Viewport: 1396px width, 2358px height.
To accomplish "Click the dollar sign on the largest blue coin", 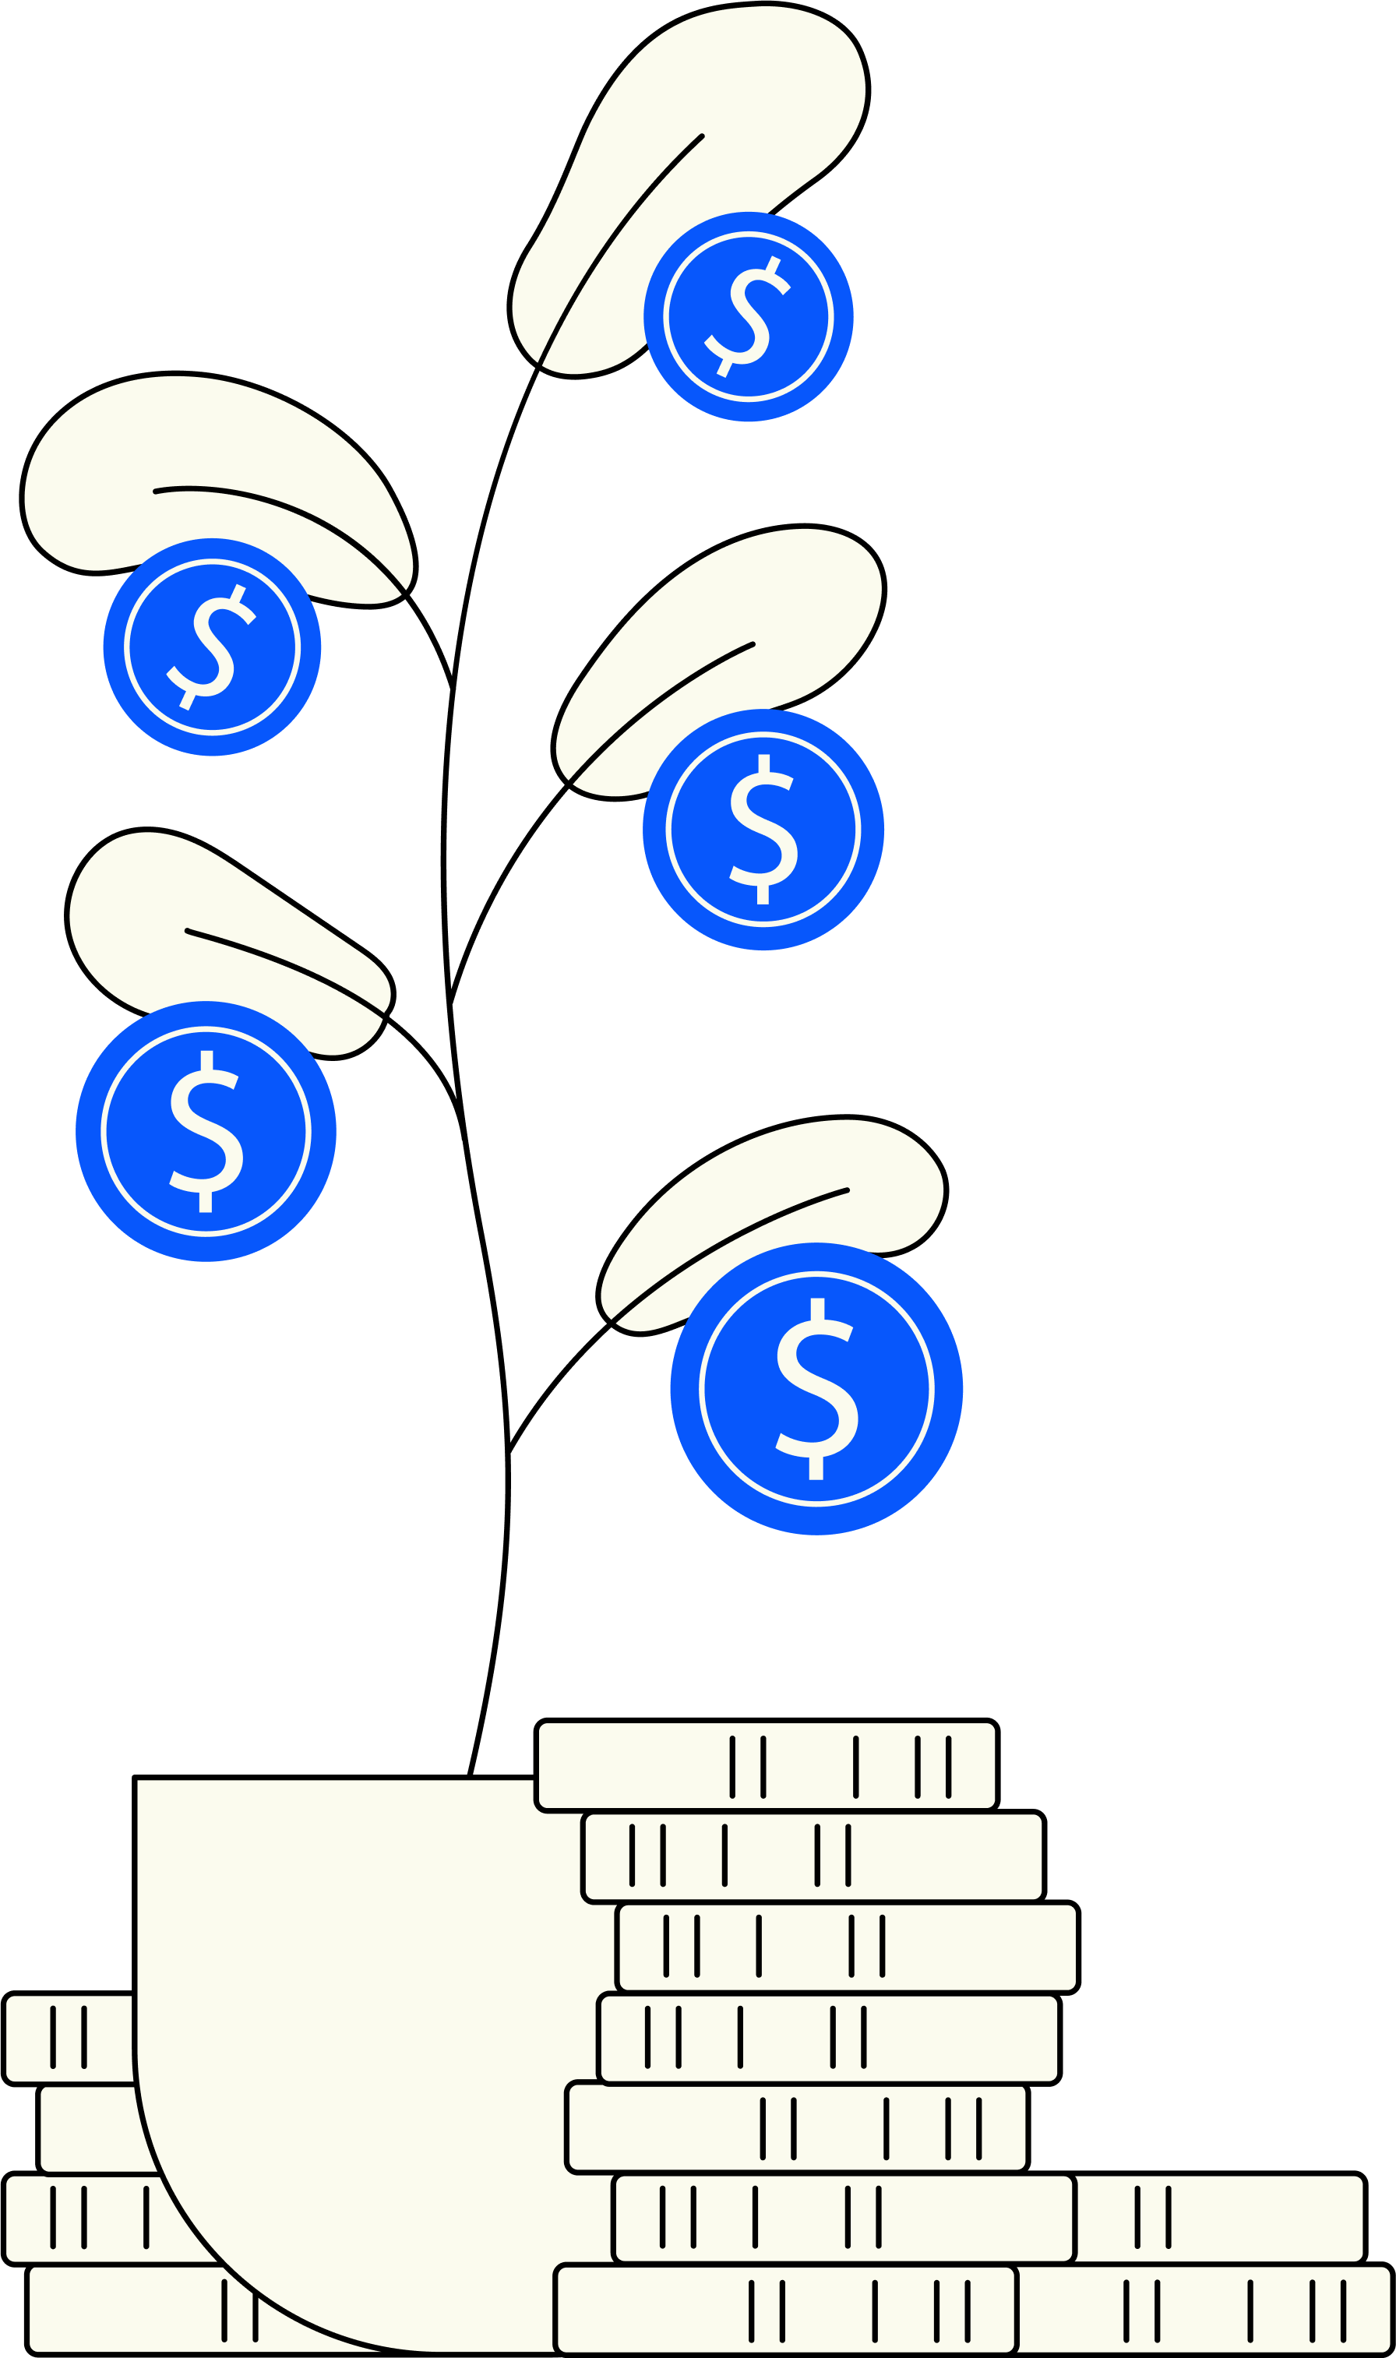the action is click(x=816, y=1388).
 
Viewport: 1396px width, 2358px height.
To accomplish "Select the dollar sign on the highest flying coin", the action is click(x=748, y=317).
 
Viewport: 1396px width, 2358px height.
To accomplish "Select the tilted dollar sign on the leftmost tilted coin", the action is click(x=213, y=647).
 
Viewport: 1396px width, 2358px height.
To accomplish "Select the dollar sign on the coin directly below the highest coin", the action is click(x=763, y=830).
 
